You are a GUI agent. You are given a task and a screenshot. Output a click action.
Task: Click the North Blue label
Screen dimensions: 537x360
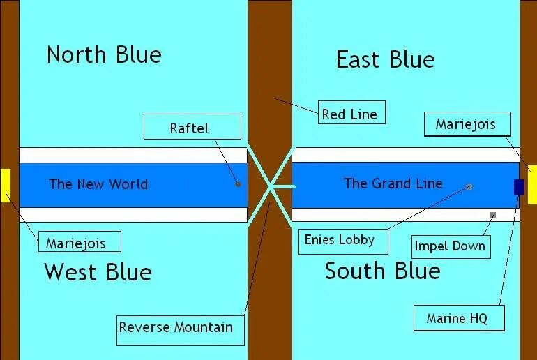click(104, 54)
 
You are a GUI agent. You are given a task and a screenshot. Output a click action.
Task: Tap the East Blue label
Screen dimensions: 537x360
click(385, 59)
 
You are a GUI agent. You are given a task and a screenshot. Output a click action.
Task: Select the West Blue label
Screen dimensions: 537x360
click(98, 271)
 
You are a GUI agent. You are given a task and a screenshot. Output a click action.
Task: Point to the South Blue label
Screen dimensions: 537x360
click(382, 271)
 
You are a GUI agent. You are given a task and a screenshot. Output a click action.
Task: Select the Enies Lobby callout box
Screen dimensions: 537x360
click(340, 240)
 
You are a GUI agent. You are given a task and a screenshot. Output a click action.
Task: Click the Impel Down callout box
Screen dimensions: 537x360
click(448, 246)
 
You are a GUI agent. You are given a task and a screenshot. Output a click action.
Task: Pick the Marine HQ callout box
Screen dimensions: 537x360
click(457, 318)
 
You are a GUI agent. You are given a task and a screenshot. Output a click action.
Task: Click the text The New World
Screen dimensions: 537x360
click(98, 184)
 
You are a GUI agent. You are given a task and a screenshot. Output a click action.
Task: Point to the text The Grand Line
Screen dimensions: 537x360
click(393, 183)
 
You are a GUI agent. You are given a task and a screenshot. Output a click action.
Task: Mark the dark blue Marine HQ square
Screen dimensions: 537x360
click(519, 187)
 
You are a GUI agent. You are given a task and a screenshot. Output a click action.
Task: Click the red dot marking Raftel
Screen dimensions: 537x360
click(239, 185)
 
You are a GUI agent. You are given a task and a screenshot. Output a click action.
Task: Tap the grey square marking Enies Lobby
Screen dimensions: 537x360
click(469, 187)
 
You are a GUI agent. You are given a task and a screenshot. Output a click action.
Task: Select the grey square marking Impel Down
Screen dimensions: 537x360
click(493, 215)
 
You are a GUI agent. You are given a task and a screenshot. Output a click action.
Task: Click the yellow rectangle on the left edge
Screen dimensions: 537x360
click(5, 185)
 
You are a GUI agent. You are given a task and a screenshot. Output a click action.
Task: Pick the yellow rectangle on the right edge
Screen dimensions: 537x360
click(532, 184)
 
